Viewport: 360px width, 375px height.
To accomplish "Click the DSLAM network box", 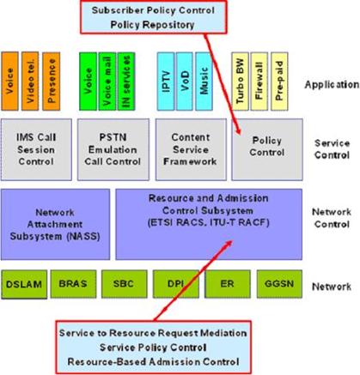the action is [x=24, y=284].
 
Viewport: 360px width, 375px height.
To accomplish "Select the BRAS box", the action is [x=73, y=284].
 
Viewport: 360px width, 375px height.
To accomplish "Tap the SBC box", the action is [x=124, y=284].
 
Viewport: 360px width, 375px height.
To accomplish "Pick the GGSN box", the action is [x=279, y=284].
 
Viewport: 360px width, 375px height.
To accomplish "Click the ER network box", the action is [x=228, y=284].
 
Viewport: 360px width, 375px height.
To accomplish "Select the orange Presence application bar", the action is [x=52, y=82].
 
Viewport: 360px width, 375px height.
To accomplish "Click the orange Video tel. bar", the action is [x=30, y=82].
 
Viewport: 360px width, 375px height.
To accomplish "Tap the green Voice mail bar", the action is [x=107, y=82].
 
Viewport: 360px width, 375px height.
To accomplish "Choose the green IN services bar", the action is [x=126, y=82].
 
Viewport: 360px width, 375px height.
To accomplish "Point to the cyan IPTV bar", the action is [x=166, y=82].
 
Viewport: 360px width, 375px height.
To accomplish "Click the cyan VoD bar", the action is [x=185, y=82].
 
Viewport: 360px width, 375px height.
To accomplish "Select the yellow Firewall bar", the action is [x=259, y=82].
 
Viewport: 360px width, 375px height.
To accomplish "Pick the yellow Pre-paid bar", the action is [x=279, y=82].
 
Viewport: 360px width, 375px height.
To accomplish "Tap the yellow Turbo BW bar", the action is [x=240, y=82].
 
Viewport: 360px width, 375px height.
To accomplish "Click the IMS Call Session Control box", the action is [x=36, y=149].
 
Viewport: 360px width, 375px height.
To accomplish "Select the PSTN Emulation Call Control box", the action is [x=113, y=149].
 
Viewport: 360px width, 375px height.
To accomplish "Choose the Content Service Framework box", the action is [x=191, y=149].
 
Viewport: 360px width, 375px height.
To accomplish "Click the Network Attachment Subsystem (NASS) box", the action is [x=55, y=224].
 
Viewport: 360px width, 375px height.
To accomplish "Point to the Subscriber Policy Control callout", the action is [x=154, y=17].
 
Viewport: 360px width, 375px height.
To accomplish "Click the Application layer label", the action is [x=332, y=85].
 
